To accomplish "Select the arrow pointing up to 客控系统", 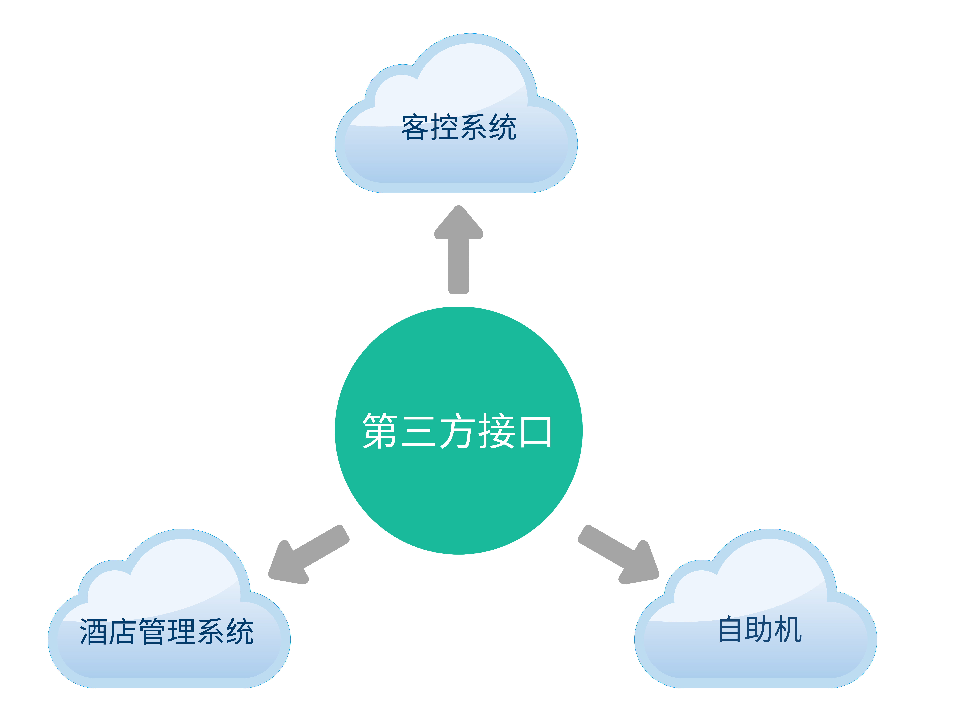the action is point(458,249).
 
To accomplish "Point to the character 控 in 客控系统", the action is point(444,127).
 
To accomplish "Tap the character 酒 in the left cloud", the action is point(93,631).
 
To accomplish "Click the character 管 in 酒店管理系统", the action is point(152,631).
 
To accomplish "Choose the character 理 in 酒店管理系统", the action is point(181,631).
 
